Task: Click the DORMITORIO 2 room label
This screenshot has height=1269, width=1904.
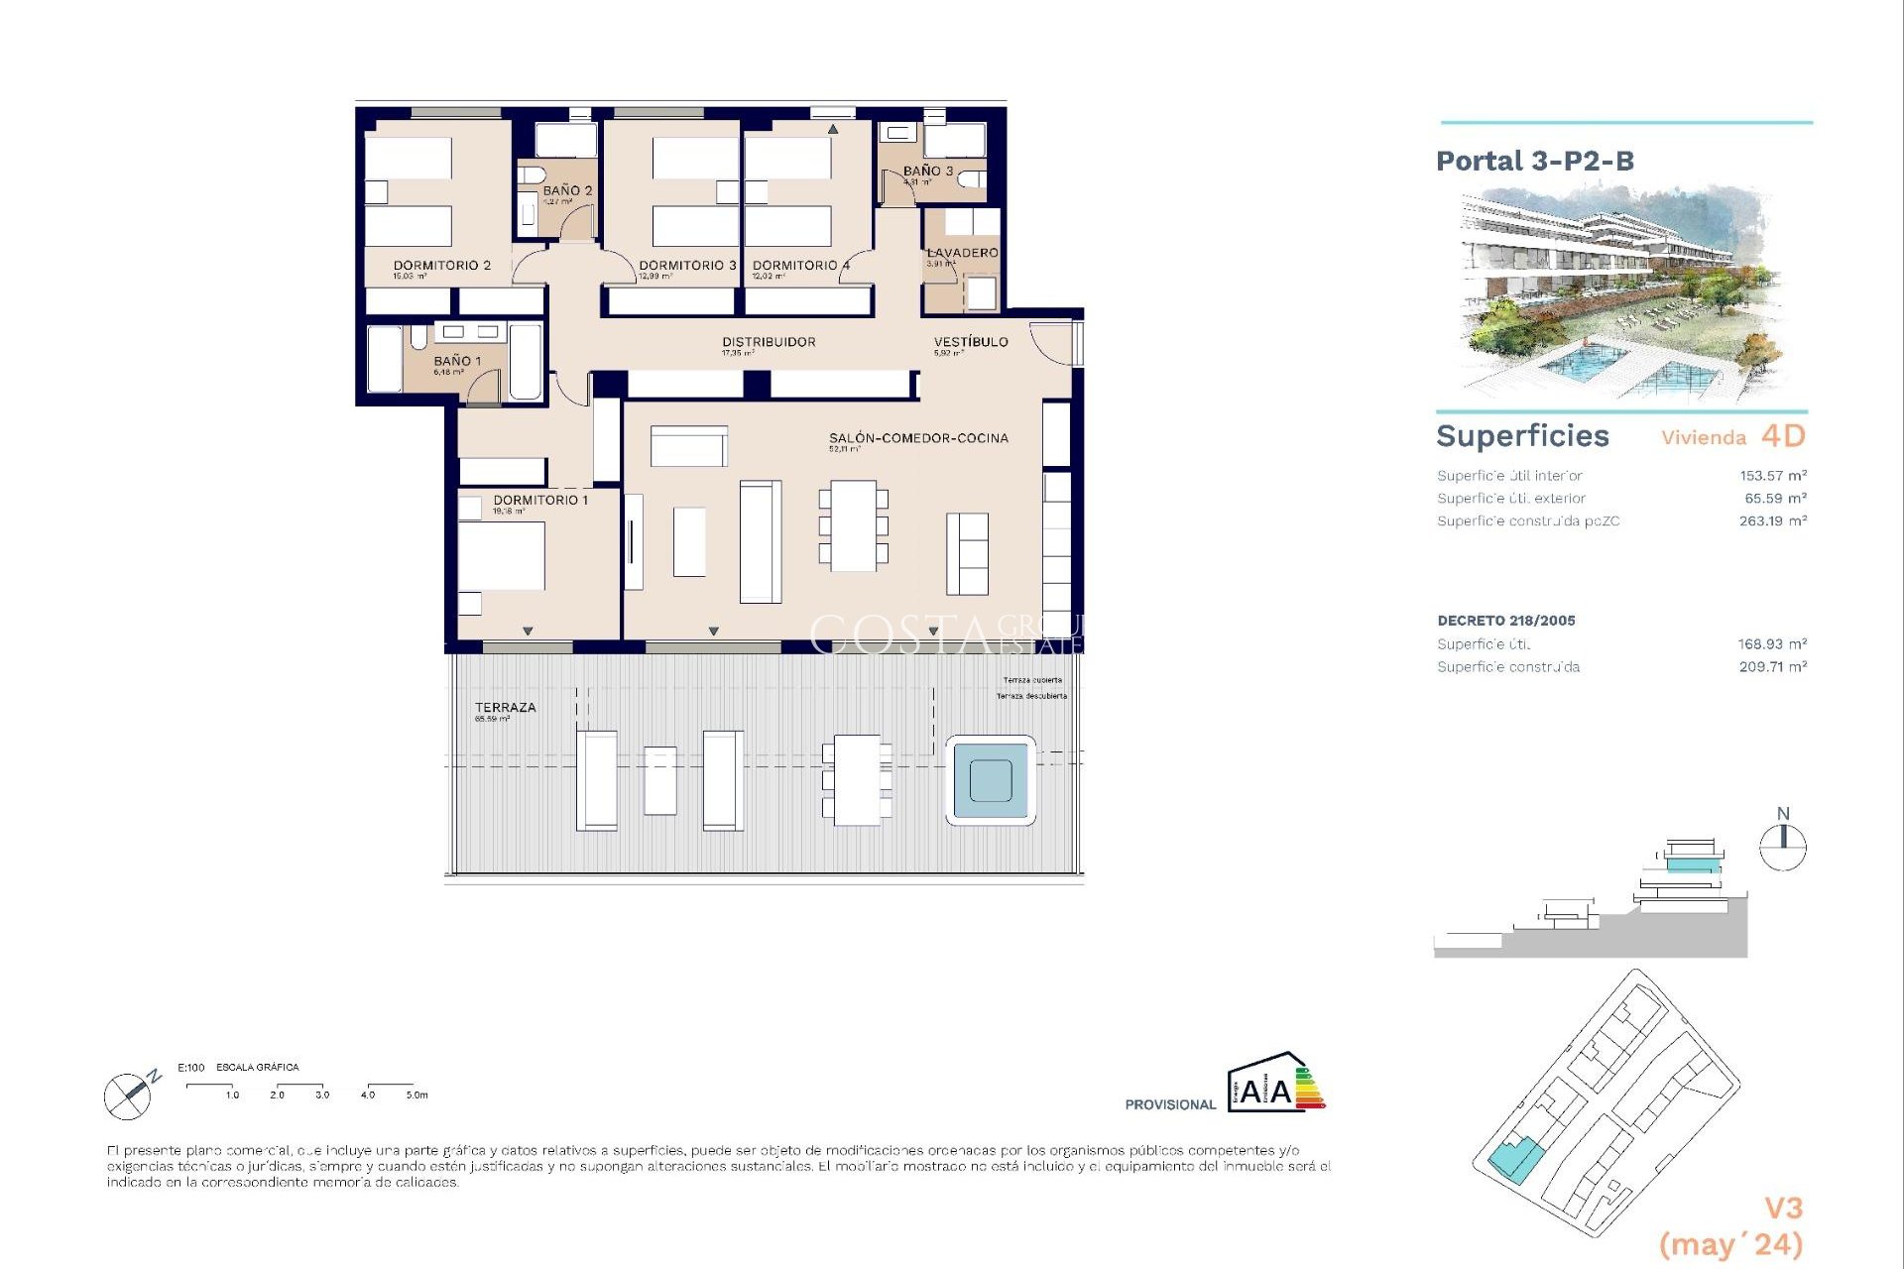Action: (441, 266)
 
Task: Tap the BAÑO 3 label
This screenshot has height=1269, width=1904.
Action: (927, 172)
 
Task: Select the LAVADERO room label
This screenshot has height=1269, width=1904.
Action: (962, 253)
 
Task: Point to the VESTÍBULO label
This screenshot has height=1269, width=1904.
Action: (970, 342)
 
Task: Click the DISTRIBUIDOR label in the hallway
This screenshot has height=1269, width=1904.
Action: (769, 342)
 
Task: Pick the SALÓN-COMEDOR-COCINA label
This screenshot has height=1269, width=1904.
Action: (918, 438)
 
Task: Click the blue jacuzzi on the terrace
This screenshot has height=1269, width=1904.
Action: (991, 780)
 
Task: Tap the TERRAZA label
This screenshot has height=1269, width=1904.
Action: (505, 708)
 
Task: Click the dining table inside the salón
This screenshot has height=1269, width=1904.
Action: (853, 525)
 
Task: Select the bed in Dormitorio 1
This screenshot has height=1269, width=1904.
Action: (501, 555)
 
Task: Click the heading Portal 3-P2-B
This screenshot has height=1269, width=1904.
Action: (1534, 161)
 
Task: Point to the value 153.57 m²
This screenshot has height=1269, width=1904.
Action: (1772, 476)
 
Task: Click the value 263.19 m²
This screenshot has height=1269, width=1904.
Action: (1772, 521)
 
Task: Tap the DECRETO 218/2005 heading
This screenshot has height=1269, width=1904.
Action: (1505, 621)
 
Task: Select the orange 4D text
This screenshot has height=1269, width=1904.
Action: (1783, 436)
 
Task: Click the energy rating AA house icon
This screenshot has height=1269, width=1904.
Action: (1274, 1085)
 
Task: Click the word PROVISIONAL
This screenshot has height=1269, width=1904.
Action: (1169, 1104)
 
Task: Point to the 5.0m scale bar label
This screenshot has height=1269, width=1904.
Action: (416, 1095)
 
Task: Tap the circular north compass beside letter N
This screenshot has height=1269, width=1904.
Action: (1782, 848)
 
